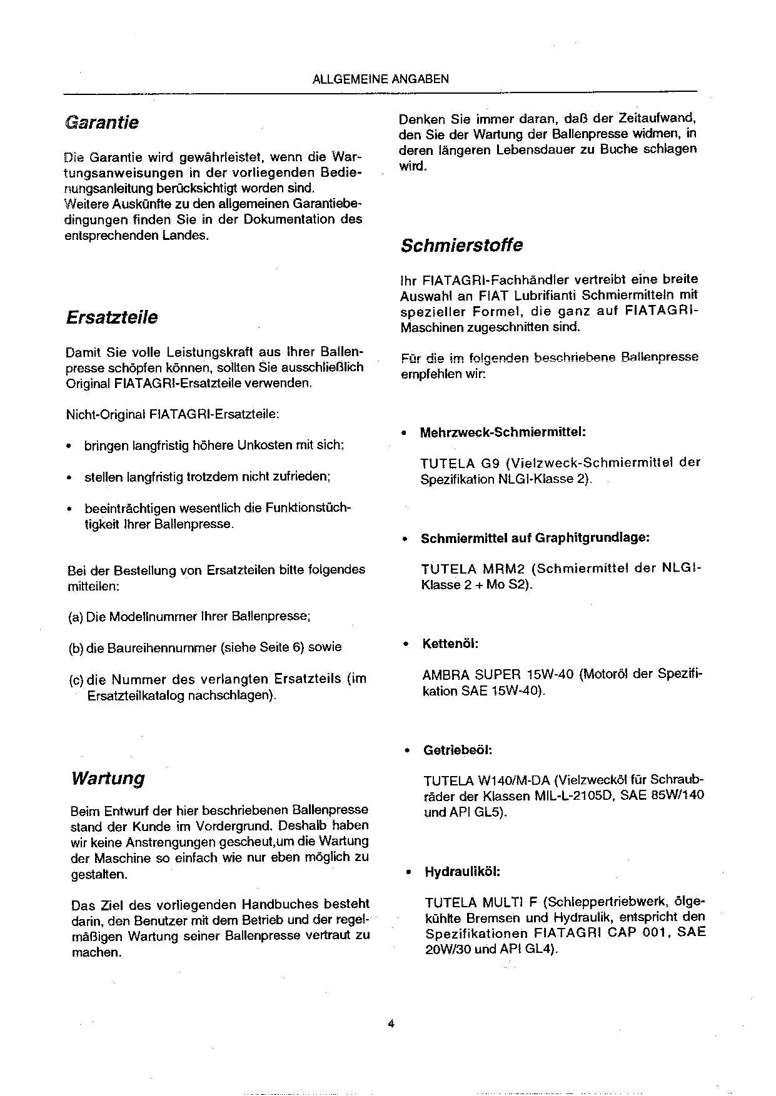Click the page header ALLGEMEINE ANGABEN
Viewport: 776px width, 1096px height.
pyautogui.click(x=380, y=79)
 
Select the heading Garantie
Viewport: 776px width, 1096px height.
pyautogui.click(x=101, y=122)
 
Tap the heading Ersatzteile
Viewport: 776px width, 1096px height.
pyautogui.click(x=111, y=317)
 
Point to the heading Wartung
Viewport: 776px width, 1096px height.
pyautogui.click(x=108, y=778)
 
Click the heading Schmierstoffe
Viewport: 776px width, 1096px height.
pyautogui.click(x=461, y=245)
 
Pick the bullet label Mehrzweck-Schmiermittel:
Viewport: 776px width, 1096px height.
pyautogui.click(x=502, y=432)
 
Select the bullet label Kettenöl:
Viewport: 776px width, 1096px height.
pyautogui.click(x=450, y=644)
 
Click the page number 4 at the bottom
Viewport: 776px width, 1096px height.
pyautogui.click(x=390, y=1024)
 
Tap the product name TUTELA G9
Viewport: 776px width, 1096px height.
pyautogui.click(x=458, y=463)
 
